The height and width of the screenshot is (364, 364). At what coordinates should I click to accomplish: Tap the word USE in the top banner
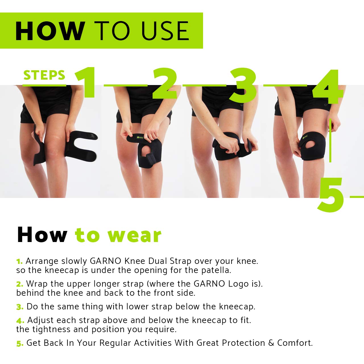point(165,31)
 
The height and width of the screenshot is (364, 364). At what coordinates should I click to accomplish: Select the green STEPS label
point(44,75)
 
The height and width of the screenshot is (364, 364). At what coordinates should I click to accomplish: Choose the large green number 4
point(327,87)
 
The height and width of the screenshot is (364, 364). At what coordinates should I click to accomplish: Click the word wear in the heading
point(135,235)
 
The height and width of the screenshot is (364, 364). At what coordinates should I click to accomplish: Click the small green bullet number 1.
point(19,262)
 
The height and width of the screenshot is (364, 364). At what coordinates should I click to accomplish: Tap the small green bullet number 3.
point(20,307)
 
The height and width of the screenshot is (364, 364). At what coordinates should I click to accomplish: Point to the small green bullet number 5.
point(20,344)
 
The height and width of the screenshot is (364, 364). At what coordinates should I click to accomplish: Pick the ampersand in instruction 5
point(271,343)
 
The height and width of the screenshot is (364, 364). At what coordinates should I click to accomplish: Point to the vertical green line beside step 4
point(330,141)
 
